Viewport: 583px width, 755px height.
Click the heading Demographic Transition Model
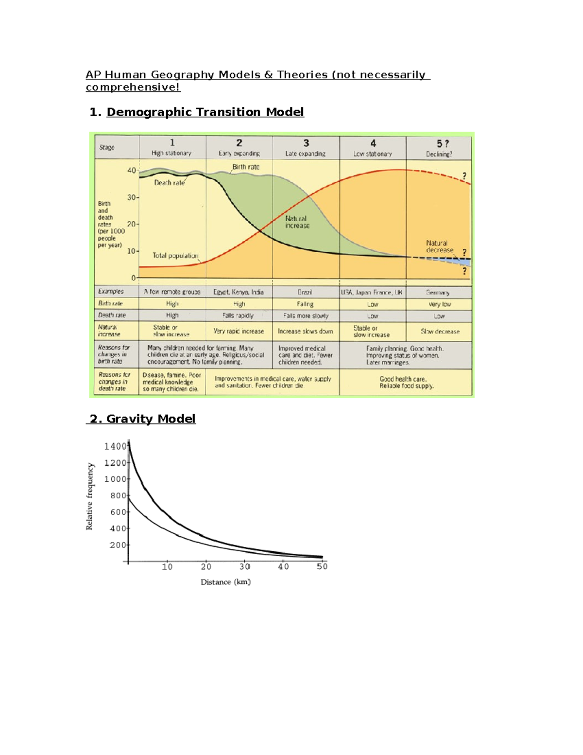[x=205, y=112]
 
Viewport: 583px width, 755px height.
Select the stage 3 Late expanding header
[x=306, y=148]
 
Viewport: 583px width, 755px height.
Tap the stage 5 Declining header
[x=439, y=148]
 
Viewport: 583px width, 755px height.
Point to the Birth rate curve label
[x=246, y=167]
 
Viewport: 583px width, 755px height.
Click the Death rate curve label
[x=169, y=183]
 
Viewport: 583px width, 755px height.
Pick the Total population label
[x=175, y=256]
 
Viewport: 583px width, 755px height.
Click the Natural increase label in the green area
[x=297, y=222]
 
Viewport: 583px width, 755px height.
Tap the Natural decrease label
[x=439, y=246]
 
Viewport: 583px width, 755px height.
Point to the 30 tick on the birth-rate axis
[x=132, y=197]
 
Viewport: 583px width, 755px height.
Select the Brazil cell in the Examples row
[x=305, y=292]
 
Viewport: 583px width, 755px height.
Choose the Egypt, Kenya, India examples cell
[x=239, y=292]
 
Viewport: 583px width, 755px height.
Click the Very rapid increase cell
[x=239, y=331]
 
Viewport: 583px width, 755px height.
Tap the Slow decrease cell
[x=440, y=332]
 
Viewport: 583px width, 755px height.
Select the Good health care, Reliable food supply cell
[x=406, y=382]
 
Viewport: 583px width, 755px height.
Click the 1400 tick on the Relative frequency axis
[x=115, y=446]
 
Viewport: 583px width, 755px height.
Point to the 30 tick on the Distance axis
[x=245, y=566]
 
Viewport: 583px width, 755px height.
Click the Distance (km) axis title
[x=225, y=582]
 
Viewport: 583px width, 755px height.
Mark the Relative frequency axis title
[x=89, y=496]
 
